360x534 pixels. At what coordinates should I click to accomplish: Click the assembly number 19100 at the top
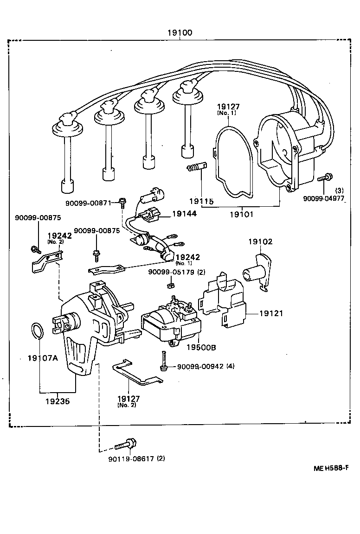180,33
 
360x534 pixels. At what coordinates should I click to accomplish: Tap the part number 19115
201,201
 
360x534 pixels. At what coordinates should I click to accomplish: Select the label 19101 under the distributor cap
241,215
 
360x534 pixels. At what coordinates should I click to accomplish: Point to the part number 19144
184,214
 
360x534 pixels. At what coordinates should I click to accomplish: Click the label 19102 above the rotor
260,242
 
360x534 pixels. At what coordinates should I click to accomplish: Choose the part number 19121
270,313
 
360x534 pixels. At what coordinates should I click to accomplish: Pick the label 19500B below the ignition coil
201,347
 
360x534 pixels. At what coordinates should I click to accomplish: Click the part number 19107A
42,358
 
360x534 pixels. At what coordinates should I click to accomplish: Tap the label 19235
58,401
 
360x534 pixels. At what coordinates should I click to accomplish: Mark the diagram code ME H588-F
331,468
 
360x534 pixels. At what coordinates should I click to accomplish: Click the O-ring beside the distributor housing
38,331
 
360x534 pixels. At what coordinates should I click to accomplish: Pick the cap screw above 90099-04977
325,177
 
